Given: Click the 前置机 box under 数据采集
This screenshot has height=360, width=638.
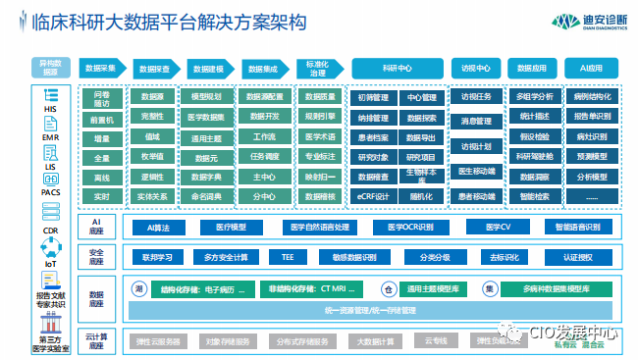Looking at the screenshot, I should tap(101, 119).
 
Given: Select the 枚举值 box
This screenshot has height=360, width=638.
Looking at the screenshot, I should tap(152, 156).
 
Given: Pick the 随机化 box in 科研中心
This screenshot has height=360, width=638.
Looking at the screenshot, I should tap(421, 195).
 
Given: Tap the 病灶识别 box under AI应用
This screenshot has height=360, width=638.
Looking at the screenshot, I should tap(592, 137).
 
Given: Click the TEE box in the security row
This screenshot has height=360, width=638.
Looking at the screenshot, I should tap(288, 257).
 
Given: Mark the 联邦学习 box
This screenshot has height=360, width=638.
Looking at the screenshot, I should tap(158, 257).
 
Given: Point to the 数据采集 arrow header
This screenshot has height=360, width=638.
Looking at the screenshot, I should tap(102, 69).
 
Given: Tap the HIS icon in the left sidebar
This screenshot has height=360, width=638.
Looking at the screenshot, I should tap(49, 104).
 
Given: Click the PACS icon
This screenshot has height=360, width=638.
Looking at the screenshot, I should tap(49, 182).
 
